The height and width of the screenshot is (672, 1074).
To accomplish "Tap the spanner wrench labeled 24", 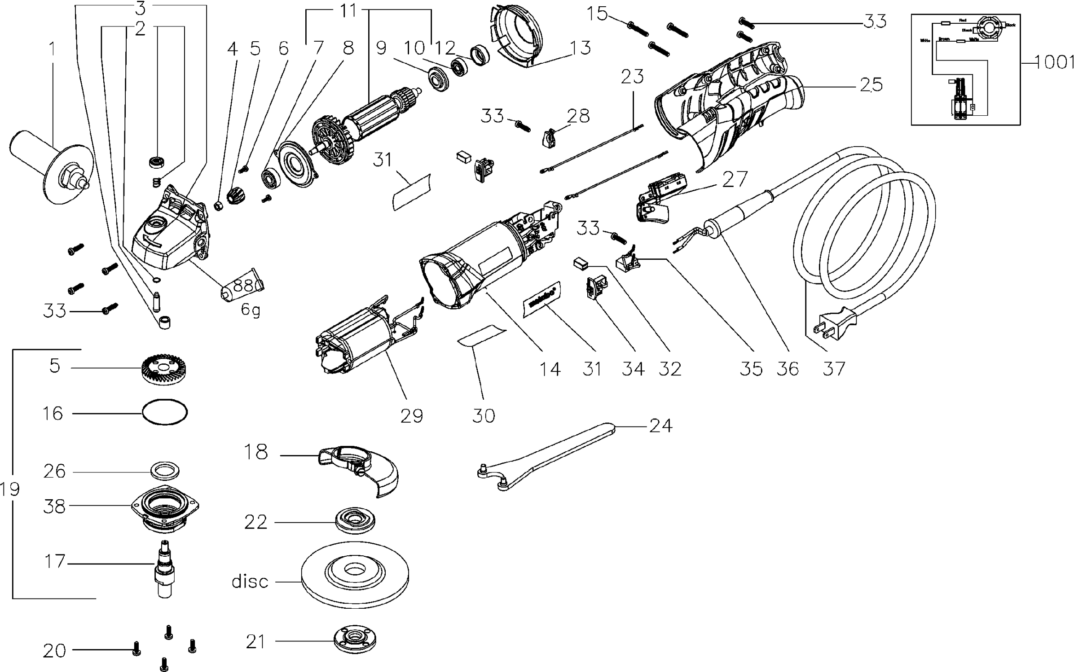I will [548, 458].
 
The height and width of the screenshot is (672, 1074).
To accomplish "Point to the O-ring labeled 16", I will [164, 412].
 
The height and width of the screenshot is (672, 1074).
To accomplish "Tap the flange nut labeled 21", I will [354, 640].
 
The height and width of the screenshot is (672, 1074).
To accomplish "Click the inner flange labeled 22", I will [355, 522].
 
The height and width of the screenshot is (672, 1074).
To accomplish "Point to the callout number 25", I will [871, 85].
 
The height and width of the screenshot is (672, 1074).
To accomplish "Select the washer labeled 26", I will [165, 472].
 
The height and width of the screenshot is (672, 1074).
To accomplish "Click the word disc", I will [250, 582].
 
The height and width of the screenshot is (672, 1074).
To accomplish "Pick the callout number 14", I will [550, 369].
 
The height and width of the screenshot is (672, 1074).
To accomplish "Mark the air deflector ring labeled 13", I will [516, 36].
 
